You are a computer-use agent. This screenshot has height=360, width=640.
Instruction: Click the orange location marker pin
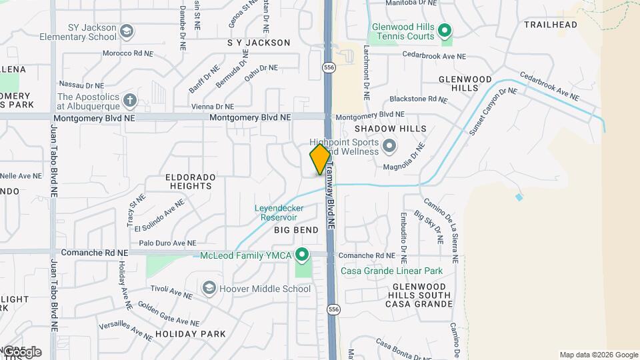click(320, 159)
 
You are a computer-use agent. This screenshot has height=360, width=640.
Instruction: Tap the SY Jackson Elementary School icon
click(127, 31)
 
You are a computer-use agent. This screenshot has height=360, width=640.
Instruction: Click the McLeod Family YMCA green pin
click(302, 255)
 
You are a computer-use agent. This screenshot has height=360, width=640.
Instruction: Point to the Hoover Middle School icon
click(209, 288)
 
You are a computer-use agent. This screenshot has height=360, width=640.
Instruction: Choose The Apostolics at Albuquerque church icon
click(129, 101)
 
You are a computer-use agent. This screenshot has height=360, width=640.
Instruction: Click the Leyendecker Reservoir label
click(279, 213)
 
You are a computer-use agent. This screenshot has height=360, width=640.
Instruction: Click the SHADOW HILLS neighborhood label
click(390, 129)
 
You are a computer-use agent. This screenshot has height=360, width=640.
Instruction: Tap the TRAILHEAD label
click(550, 25)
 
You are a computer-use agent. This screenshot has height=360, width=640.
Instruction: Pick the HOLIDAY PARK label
click(190, 333)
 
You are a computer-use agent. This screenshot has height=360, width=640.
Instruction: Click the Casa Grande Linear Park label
click(391, 271)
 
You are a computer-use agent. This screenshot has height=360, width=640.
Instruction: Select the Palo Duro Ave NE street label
click(167, 243)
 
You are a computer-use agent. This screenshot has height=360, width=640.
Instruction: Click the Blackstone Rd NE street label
click(417, 99)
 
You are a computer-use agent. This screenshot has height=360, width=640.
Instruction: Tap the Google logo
click(21, 351)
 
